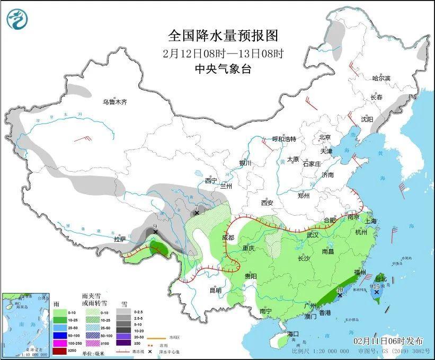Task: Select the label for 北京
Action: [325, 137]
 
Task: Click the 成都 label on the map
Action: [228, 238]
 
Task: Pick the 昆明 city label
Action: [215, 291]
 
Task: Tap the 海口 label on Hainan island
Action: [294, 333]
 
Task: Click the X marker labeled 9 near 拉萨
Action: [155, 232]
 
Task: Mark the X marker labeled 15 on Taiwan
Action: [376, 292]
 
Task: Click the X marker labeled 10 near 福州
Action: [340, 295]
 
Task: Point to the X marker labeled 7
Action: [197, 213]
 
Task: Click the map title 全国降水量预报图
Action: [223, 36]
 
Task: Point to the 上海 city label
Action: [369, 221]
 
